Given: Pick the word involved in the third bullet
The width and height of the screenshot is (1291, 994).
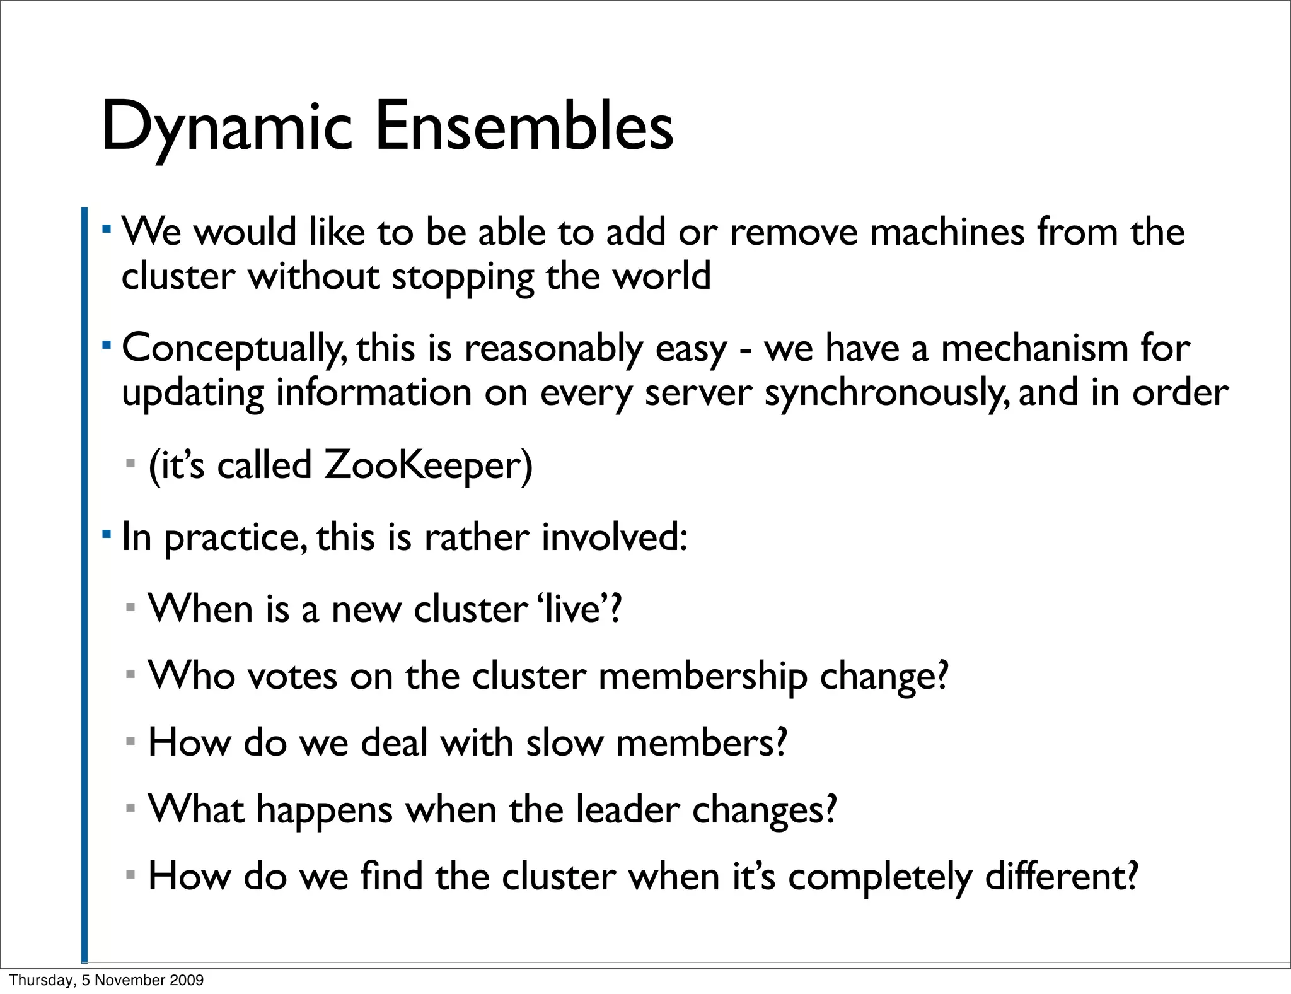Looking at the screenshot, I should click(x=609, y=537).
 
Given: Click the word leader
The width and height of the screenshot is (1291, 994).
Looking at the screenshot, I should click(x=628, y=809).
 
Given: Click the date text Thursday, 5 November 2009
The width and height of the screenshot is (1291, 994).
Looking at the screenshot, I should click(x=107, y=979).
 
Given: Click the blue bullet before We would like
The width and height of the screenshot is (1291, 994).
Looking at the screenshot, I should click(x=107, y=226).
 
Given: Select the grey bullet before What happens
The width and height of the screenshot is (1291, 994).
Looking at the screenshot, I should click(x=130, y=808).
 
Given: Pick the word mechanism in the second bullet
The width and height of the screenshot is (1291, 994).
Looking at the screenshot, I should click(x=1034, y=348).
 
